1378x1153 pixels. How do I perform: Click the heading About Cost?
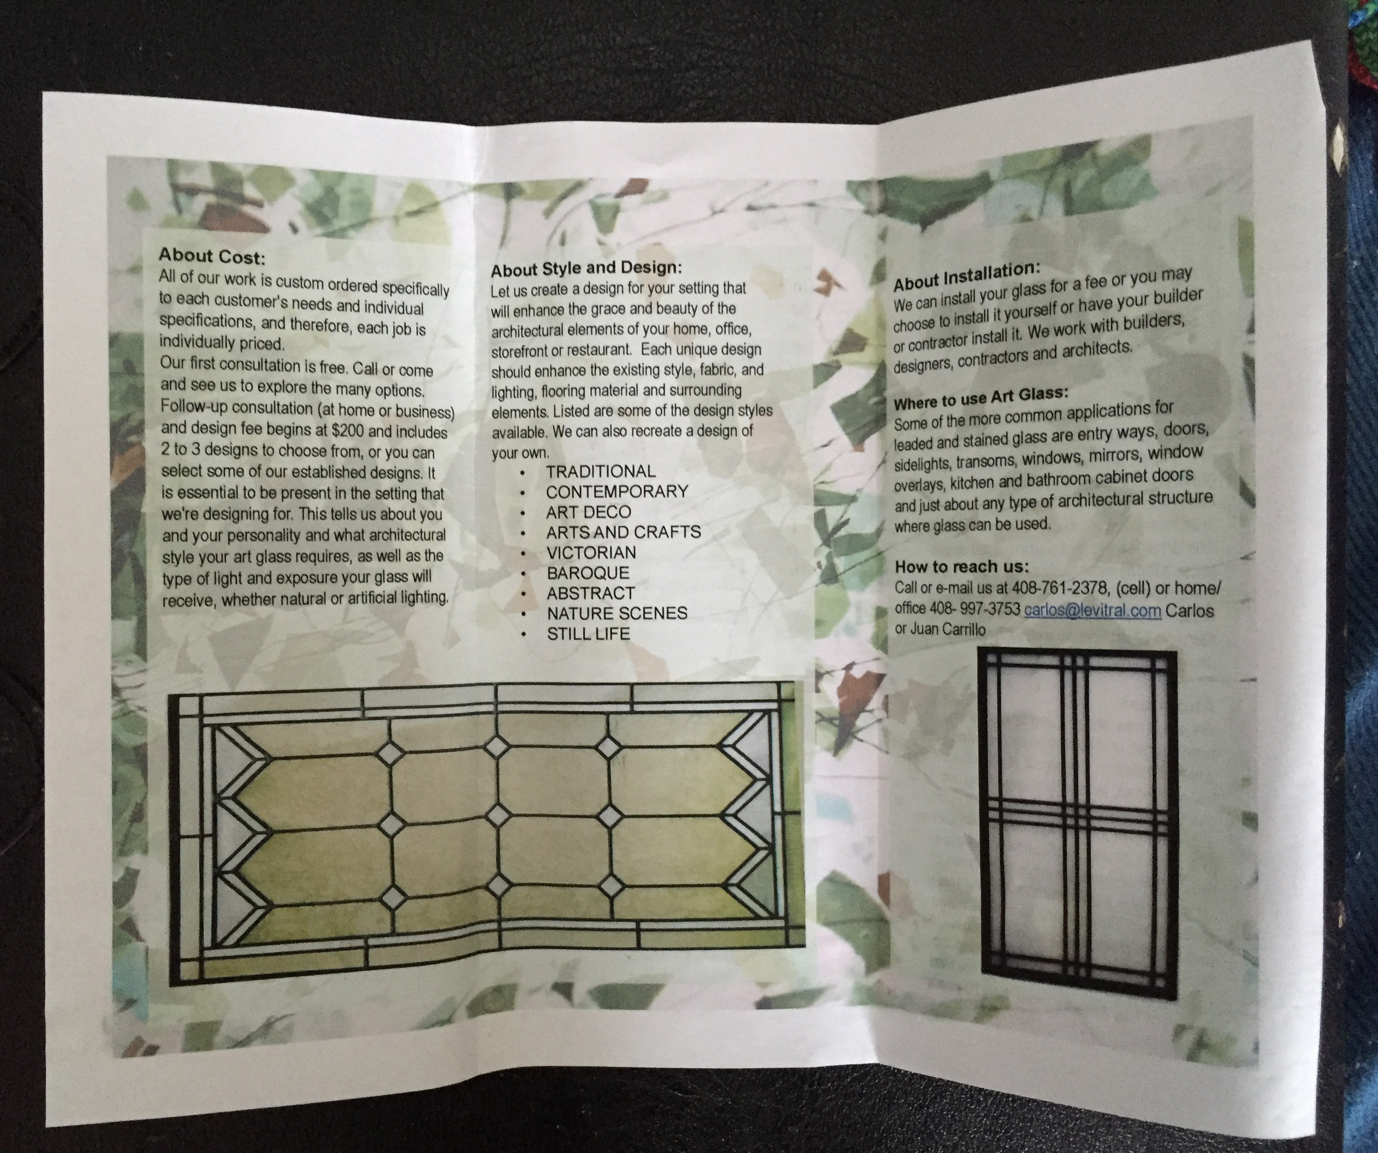coord(212,256)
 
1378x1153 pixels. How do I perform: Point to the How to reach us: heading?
coord(962,567)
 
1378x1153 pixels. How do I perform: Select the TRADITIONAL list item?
coord(601,471)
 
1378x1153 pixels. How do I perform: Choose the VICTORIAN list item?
coord(591,553)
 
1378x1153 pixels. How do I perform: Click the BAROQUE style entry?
coord(588,573)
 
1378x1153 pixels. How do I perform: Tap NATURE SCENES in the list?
coord(617,613)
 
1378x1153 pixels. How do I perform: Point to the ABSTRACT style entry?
coord(591,593)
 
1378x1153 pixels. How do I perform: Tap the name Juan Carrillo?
coord(947,630)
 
